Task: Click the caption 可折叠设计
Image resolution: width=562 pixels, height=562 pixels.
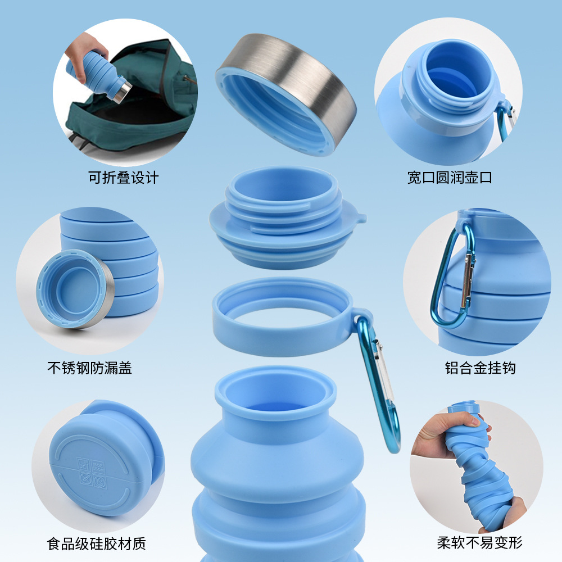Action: coord(124,178)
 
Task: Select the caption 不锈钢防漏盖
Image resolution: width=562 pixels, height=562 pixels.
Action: coord(90,369)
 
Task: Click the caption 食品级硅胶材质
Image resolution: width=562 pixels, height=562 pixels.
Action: coord(97,543)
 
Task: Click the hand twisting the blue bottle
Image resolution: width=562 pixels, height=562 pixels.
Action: coord(444,433)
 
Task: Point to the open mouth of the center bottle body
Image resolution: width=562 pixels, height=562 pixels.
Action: coord(275,393)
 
